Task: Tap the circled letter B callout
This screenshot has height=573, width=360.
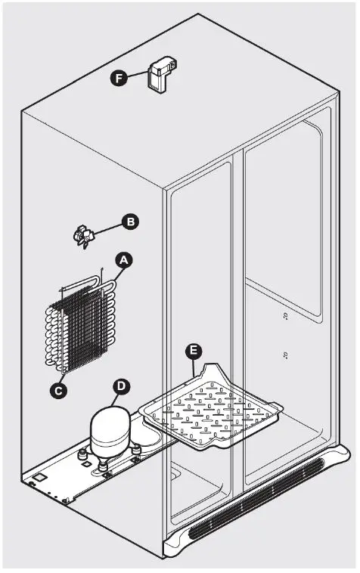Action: click(130, 222)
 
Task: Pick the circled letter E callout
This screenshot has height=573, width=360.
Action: click(194, 350)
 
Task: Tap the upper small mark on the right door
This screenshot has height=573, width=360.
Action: click(286, 315)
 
